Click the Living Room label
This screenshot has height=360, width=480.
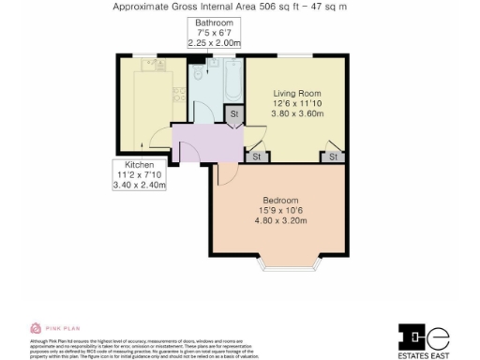point(297,93)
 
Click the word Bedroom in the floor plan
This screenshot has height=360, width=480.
point(280,201)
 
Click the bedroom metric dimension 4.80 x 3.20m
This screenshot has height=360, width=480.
point(280,221)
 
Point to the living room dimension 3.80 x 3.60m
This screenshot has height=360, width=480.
point(297,113)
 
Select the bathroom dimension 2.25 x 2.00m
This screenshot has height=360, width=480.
point(214,42)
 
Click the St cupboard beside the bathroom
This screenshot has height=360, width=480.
point(233,114)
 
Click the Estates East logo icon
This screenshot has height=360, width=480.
point(424,335)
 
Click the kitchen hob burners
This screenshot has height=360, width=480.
point(177,94)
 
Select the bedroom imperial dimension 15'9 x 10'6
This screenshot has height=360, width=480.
point(280,211)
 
